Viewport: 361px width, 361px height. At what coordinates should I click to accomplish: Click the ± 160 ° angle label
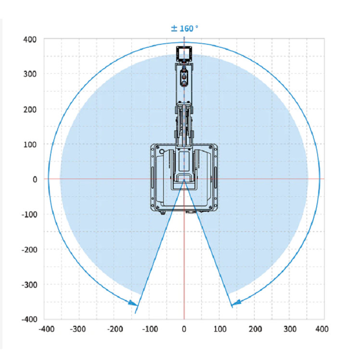184,28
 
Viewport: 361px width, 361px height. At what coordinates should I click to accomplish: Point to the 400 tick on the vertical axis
30,39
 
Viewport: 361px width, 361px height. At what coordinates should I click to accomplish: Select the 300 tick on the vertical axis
30,74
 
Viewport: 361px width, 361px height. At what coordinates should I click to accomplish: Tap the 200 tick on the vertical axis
30,110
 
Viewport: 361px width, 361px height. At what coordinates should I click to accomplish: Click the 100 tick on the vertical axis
30,144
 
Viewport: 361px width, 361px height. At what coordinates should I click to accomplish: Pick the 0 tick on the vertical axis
35,180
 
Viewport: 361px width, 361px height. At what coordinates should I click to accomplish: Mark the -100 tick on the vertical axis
29,215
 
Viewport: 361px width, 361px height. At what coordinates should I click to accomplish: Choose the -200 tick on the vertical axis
29,249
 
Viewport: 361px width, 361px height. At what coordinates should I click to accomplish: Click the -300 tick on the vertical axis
29,285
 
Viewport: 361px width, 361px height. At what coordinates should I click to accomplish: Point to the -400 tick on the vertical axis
29,319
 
